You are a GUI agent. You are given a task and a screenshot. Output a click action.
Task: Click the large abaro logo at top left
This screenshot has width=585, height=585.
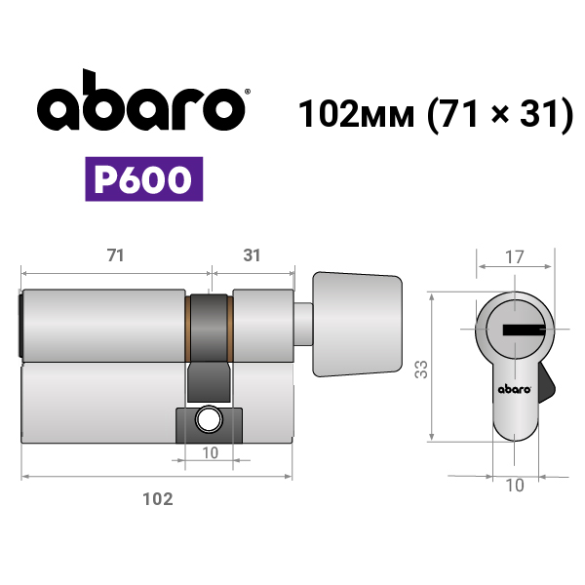tap(141, 100)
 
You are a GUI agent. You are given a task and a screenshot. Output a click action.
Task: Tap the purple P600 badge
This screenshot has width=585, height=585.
tap(144, 179)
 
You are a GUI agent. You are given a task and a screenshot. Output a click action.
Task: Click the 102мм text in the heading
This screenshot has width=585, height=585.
tap(356, 113)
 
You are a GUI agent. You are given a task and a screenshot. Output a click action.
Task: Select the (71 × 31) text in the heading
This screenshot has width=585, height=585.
tap(500, 114)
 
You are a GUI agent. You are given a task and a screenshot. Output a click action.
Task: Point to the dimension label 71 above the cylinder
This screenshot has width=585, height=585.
tap(115, 255)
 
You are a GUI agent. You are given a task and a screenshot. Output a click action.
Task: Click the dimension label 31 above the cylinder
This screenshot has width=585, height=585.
tap(252, 255)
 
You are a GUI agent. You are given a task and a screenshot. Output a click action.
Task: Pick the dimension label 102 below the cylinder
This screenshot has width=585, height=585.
tap(158, 499)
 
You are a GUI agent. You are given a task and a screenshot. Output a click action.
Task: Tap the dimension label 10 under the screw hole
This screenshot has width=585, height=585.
tap(210, 453)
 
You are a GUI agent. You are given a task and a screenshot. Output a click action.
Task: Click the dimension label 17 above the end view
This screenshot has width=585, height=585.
tap(515, 257)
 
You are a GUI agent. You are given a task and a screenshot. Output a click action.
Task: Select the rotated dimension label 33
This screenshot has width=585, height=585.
tap(421, 369)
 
